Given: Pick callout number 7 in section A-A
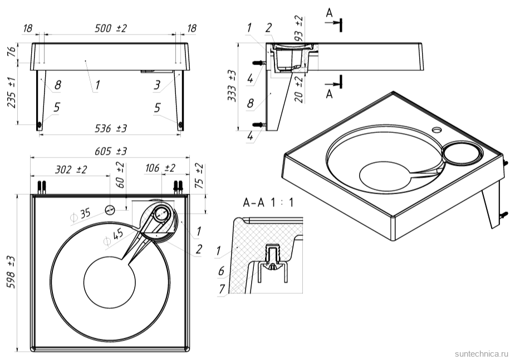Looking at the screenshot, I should (x=221, y=289).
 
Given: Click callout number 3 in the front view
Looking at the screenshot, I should (x=157, y=85).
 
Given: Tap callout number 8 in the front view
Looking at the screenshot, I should (x=58, y=86).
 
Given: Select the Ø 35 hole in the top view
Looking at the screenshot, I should (x=110, y=210).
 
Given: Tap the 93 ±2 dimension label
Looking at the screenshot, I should (x=300, y=28).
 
